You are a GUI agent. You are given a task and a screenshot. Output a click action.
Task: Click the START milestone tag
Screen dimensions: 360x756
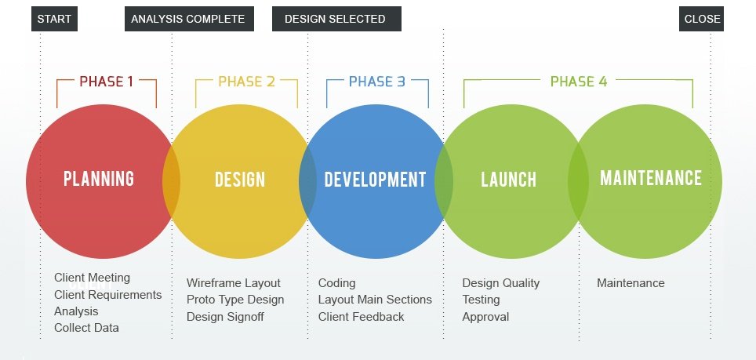click(54, 19)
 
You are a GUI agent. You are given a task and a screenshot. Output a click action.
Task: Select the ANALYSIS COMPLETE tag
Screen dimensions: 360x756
click(188, 19)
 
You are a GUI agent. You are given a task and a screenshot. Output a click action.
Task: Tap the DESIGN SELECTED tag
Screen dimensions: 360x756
click(336, 19)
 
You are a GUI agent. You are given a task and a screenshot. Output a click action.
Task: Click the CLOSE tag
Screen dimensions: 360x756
click(701, 19)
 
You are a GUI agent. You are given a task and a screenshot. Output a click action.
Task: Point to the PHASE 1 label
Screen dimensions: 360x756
click(106, 82)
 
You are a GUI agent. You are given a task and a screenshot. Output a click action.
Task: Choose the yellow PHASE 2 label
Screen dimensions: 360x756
click(246, 82)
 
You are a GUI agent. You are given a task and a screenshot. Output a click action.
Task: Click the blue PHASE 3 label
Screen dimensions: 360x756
click(377, 82)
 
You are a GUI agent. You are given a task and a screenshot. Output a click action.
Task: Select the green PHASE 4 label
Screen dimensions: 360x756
click(578, 82)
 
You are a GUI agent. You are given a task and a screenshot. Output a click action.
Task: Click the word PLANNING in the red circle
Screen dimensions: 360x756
click(99, 179)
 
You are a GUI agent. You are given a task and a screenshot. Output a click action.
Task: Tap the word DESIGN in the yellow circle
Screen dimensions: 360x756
click(240, 180)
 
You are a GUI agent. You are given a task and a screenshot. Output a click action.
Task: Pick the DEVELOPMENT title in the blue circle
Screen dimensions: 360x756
click(375, 180)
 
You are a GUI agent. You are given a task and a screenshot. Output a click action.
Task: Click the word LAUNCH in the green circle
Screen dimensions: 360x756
click(508, 180)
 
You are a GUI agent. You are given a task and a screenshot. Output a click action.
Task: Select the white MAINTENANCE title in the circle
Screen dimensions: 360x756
click(650, 178)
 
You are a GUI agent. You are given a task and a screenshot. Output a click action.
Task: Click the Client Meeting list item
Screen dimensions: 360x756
click(92, 278)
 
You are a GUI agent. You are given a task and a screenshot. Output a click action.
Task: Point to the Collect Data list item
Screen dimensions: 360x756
click(86, 328)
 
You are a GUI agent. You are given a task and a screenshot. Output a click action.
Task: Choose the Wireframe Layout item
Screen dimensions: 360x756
click(233, 283)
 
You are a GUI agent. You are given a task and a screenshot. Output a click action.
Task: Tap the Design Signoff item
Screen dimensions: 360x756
click(225, 317)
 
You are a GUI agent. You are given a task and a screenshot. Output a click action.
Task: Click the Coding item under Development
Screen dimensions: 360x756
click(336, 283)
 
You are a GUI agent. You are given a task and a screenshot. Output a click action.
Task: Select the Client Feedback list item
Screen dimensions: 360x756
click(361, 317)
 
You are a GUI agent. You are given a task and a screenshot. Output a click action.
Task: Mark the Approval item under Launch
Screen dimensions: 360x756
click(485, 317)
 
